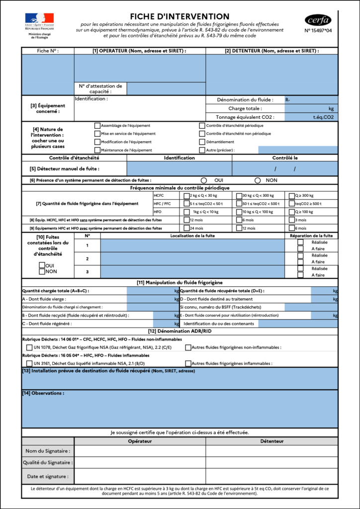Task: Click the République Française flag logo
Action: pos(39,18)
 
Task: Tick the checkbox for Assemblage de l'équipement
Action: pos(97,126)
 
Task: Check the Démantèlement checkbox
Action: pos(202,142)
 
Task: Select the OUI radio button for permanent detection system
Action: pos(204,180)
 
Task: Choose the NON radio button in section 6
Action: pos(258,180)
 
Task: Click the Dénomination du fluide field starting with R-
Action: pos(311,100)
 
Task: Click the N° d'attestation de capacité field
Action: pos(166,88)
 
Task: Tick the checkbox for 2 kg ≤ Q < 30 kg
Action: pos(187,196)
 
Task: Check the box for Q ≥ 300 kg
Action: pos(291,196)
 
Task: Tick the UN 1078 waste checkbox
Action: pos(29,347)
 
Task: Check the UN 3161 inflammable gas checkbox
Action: pos(29,363)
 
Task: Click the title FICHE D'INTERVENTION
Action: pos(180,16)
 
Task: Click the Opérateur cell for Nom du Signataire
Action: pos(140,450)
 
